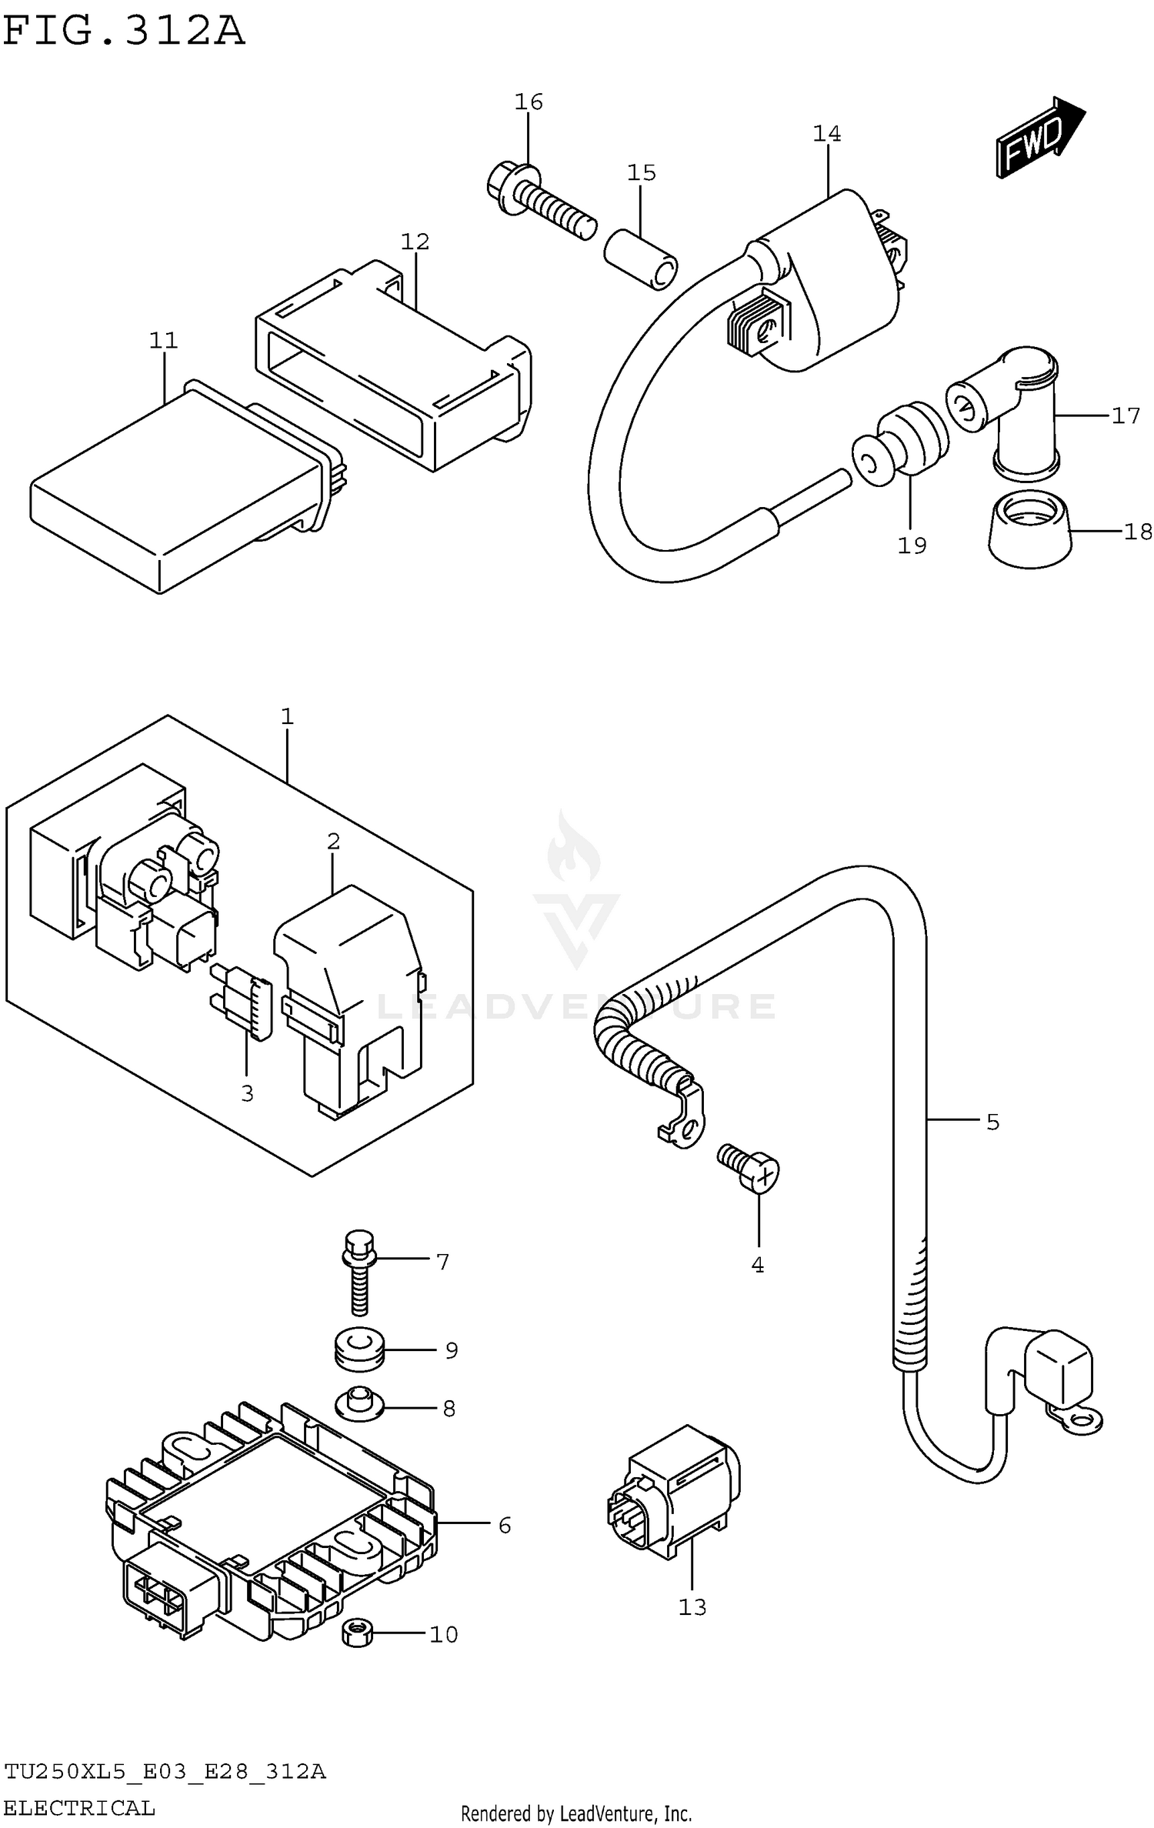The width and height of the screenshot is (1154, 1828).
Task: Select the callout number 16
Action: (529, 102)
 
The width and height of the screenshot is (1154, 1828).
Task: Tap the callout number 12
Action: (415, 242)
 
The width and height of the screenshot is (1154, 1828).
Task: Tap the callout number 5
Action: (992, 1122)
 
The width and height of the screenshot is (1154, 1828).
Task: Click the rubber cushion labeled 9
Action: (359, 1350)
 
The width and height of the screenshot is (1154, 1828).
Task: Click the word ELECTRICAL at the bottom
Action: (79, 1807)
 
